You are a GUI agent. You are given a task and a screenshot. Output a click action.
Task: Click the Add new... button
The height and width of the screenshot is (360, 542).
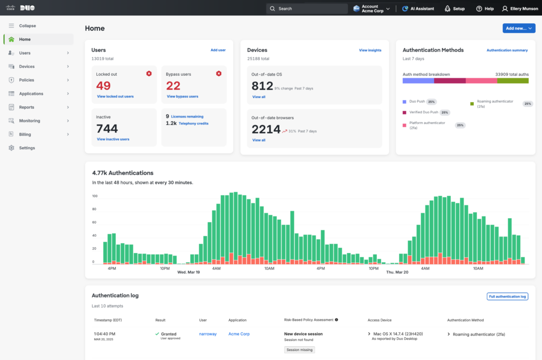(x=519, y=28)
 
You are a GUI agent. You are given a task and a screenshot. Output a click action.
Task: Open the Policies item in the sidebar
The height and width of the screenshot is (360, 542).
(x=26, y=80)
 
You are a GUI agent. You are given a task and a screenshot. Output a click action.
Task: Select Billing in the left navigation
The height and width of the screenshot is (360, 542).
(x=25, y=134)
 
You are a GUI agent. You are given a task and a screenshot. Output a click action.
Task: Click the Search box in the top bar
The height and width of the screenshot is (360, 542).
(x=306, y=8)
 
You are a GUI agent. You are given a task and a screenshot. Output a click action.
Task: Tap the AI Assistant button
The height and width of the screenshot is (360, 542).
(x=418, y=8)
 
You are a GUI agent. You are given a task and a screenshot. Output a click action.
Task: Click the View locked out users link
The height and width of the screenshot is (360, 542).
(x=115, y=96)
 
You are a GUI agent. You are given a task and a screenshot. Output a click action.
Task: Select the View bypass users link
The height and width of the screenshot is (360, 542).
(x=183, y=96)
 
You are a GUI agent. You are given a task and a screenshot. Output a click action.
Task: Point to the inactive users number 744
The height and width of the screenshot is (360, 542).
(x=107, y=129)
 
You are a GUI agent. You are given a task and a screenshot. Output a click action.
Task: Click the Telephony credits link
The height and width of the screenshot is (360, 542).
(x=194, y=123)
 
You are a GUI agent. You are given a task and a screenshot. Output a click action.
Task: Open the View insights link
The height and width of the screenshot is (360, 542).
(x=370, y=50)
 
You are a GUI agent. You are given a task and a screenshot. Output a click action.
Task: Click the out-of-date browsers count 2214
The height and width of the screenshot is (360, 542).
(x=266, y=130)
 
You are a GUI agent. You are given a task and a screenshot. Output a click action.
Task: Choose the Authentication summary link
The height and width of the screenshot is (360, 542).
(x=507, y=50)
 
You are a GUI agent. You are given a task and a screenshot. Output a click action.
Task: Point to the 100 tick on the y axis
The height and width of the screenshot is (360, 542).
(x=94, y=196)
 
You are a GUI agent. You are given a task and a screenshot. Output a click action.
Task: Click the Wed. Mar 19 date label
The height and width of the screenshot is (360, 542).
(x=188, y=272)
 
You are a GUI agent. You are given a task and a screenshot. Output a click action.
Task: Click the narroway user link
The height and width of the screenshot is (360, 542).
(x=207, y=334)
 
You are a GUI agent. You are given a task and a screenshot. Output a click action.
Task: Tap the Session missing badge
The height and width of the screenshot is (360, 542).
(x=300, y=350)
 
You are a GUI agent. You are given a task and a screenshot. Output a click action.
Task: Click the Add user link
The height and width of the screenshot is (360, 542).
(x=218, y=50)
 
